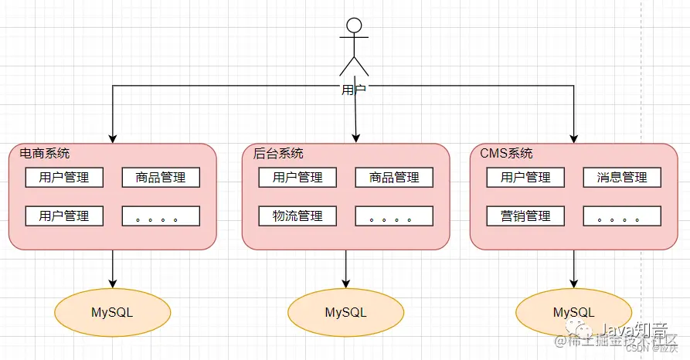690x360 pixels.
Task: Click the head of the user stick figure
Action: (x=354, y=25)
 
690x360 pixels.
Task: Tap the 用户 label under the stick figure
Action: (x=353, y=90)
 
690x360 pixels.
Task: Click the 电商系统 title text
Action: (x=45, y=153)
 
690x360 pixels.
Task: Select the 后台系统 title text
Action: (x=278, y=153)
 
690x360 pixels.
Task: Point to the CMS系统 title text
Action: (x=506, y=153)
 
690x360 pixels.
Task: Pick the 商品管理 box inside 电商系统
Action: (x=161, y=178)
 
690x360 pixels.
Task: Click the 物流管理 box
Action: (x=297, y=216)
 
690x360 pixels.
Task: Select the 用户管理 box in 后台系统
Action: (x=297, y=178)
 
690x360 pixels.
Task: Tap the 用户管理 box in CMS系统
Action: (x=525, y=178)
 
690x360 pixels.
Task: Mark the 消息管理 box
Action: (x=622, y=178)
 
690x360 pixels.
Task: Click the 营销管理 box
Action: (x=525, y=216)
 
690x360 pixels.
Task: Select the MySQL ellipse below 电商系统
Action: (x=113, y=312)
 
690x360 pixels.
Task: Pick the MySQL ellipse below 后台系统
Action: (x=345, y=312)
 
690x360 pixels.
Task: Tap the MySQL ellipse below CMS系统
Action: (x=573, y=312)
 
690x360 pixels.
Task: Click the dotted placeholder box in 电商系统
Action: (x=161, y=216)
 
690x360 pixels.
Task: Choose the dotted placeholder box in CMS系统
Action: (x=622, y=216)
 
